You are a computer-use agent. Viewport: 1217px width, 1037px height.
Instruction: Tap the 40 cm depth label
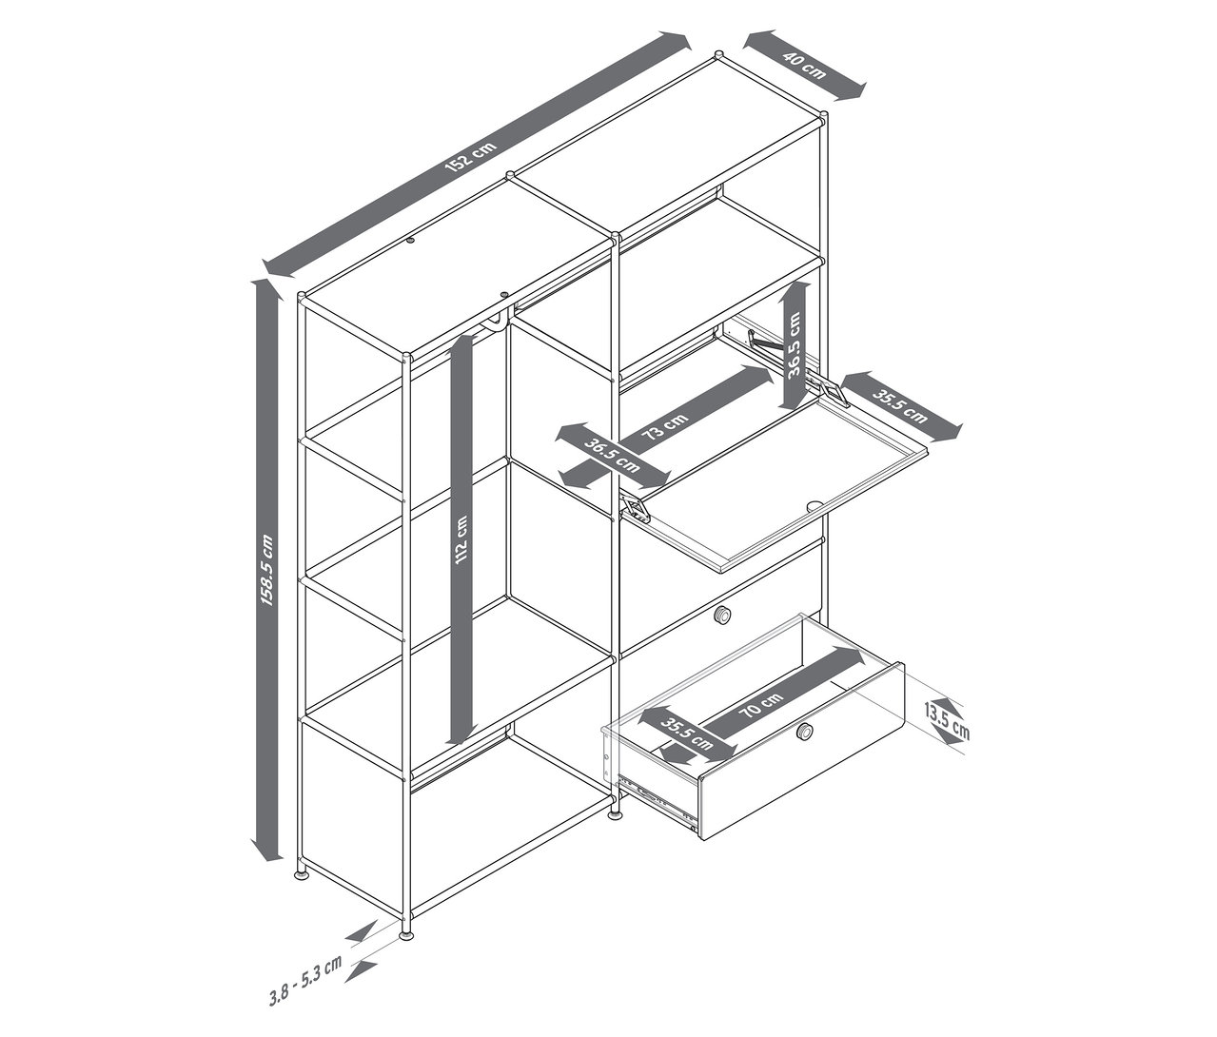(804, 66)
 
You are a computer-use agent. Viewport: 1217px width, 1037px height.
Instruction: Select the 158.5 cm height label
(267, 570)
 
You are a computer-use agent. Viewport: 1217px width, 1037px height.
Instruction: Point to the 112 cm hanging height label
(461, 540)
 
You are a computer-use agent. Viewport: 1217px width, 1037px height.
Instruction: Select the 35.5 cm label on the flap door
(899, 406)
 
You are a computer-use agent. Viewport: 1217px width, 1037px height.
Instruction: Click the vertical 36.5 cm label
(795, 344)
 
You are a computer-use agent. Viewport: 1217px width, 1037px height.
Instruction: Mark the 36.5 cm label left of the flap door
(612, 455)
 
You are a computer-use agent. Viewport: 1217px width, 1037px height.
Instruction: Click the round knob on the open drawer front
(803, 731)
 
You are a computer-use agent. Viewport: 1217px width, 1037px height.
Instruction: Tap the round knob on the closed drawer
(722, 616)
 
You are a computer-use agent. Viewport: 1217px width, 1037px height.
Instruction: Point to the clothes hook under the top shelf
(497, 323)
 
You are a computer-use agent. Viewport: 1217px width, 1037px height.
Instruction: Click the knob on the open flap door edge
(815, 505)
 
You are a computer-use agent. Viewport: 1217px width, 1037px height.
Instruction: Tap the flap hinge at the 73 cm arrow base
(636, 508)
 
